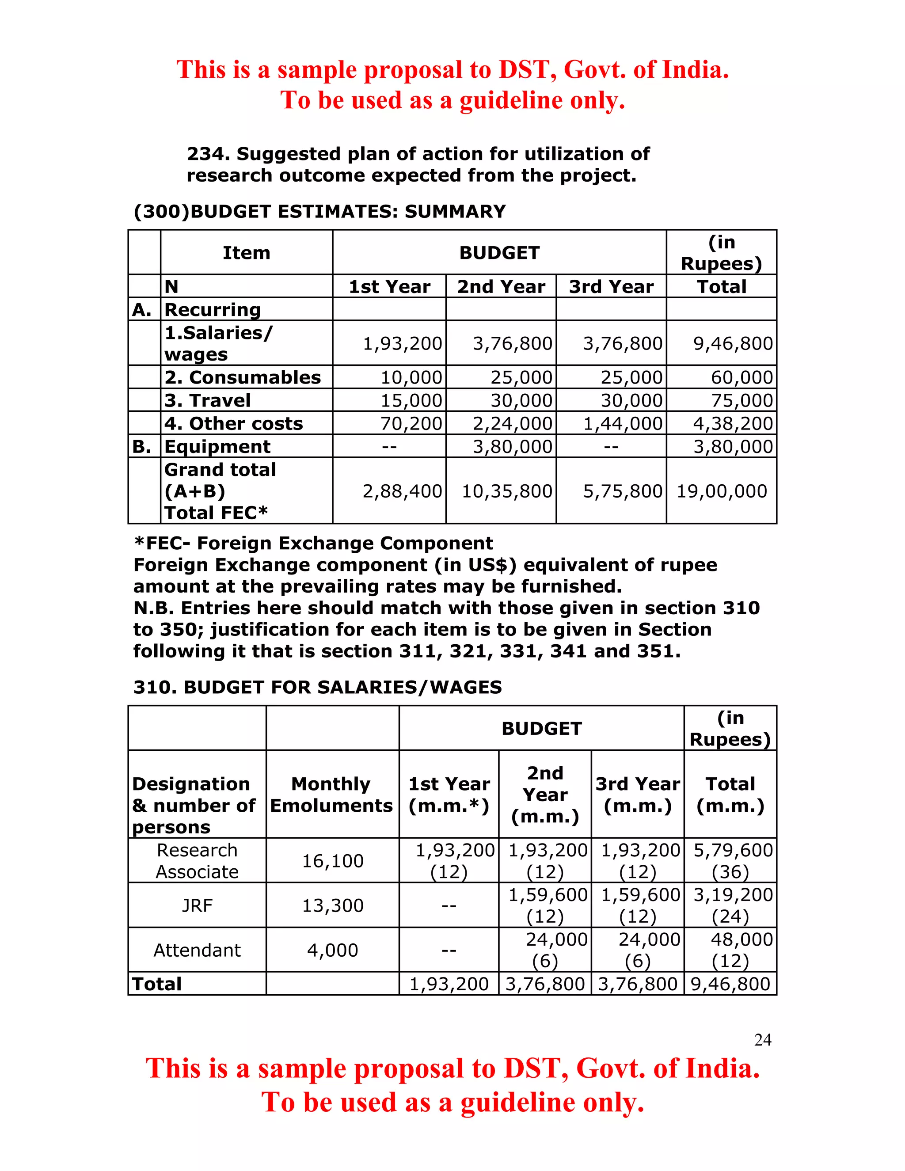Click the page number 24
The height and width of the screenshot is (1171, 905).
coord(762,1040)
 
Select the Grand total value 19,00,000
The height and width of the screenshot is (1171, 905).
coord(722,491)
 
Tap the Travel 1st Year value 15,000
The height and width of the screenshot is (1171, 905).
coord(411,400)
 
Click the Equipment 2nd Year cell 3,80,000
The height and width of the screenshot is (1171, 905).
coord(512,447)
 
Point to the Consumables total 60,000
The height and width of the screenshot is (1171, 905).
coord(741,377)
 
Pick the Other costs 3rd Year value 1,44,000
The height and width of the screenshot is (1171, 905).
coord(623,424)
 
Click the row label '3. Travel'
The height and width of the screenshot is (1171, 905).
coord(208,400)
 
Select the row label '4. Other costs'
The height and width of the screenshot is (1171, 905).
coord(234,424)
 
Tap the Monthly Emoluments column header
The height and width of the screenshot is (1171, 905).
coord(331,795)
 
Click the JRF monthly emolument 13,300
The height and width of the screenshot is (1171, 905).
coord(332,905)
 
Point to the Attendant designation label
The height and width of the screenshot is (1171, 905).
coord(197,950)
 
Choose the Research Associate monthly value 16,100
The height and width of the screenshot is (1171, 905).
coord(332,861)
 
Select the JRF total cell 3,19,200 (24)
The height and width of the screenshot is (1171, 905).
coord(732,905)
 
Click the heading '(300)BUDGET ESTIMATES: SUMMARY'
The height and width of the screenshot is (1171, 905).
coord(319,211)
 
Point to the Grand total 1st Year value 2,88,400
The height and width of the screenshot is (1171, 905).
coord(402,491)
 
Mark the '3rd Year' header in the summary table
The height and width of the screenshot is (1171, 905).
coord(611,287)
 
